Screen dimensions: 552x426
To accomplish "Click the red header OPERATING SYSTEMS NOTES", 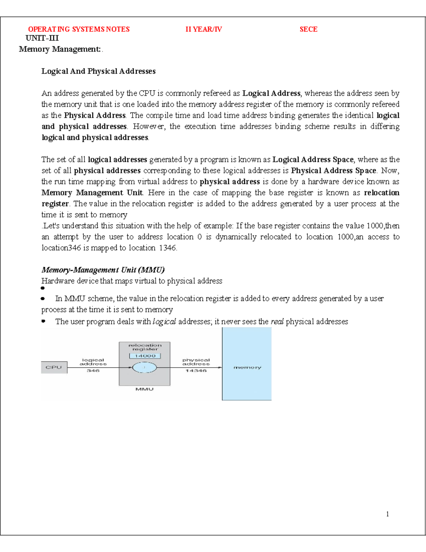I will click(x=79, y=30).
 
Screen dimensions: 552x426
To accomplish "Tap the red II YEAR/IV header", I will click(x=203, y=30).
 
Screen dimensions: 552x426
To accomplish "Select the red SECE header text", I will click(x=308, y=30).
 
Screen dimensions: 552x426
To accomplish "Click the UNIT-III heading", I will click(x=42, y=38).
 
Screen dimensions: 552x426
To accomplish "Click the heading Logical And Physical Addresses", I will click(x=98, y=71).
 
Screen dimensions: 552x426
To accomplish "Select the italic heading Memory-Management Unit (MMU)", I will click(x=103, y=270).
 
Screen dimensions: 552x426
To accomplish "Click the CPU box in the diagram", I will click(x=54, y=368).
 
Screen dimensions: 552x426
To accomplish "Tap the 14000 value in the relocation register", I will click(x=145, y=356).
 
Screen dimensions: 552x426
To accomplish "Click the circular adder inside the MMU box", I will click(x=144, y=368).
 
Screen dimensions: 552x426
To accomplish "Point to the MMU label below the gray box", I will click(x=144, y=389).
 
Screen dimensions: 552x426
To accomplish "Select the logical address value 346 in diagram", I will click(x=93, y=371).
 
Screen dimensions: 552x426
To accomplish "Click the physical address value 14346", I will click(x=196, y=371).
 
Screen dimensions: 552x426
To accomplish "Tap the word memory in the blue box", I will click(x=247, y=368).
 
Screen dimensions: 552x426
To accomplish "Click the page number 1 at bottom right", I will click(x=387, y=514).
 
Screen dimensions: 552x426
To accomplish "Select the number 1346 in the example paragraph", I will click(x=168, y=248).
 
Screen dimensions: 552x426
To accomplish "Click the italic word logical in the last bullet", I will click(x=164, y=322).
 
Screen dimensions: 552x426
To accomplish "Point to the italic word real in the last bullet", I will click(x=277, y=322).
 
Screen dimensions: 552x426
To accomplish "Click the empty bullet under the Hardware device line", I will click(x=43, y=288).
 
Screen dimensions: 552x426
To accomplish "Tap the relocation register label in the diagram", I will click(x=145, y=347).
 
